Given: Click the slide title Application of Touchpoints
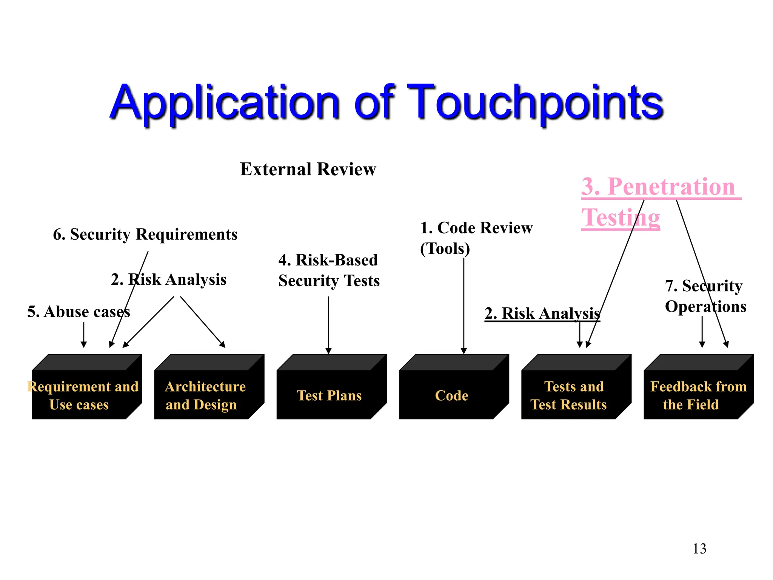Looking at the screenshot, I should (x=386, y=103).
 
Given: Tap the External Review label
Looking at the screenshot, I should (x=308, y=169).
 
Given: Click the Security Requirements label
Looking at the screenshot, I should (x=145, y=234).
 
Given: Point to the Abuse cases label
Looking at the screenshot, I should (x=79, y=312).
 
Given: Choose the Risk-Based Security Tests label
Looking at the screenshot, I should (x=329, y=270).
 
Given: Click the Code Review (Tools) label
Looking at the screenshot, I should (x=476, y=238).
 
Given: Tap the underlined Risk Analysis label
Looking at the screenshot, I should (x=542, y=313).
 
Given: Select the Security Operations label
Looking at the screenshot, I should (x=705, y=296).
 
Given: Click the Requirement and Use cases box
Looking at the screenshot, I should (x=83, y=395).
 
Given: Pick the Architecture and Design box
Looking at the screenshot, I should (x=205, y=395).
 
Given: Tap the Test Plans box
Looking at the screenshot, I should (x=329, y=395).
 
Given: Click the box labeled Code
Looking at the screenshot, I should (x=451, y=395).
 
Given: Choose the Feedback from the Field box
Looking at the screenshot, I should (x=697, y=395).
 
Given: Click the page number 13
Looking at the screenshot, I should (x=699, y=549).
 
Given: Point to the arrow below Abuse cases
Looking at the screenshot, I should (x=84, y=335).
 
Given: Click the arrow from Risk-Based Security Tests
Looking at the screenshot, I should (x=328, y=325).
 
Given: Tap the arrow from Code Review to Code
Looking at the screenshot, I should (x=464, y=306).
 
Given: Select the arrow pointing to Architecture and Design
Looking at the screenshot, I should (x=203, y=322).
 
